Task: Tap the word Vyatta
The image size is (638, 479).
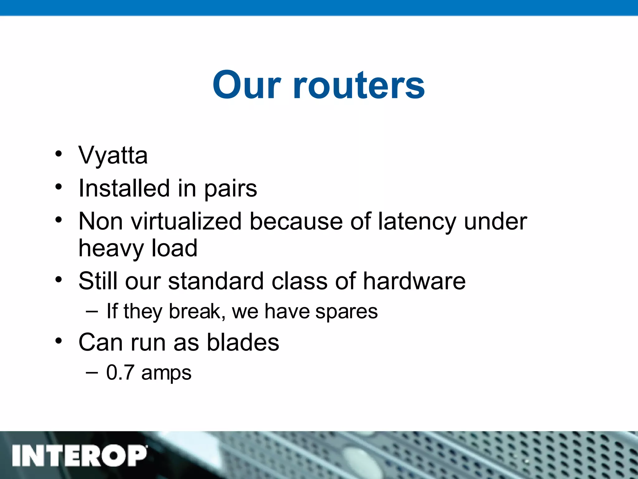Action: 113,155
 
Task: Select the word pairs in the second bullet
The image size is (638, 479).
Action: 231,189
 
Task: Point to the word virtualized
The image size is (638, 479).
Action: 186,221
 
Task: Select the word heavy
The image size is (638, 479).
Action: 111,249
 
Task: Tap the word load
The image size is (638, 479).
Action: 174,248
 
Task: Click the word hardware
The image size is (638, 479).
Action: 414,281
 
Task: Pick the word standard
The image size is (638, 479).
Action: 216,281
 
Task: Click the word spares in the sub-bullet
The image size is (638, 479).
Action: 346,312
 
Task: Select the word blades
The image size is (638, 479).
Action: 243,342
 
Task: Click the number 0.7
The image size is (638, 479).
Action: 120,372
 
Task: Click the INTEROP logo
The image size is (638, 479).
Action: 79,455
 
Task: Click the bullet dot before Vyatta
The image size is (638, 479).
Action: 59,154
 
